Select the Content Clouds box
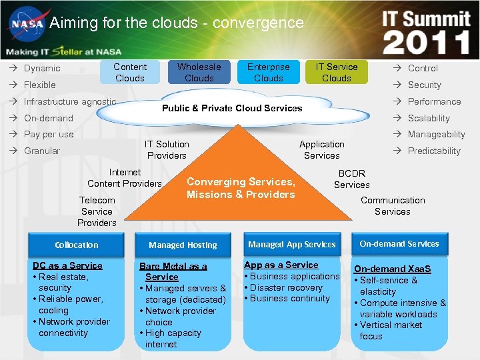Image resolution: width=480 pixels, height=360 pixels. point(130,72)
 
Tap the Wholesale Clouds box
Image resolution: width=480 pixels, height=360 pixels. point(199,72)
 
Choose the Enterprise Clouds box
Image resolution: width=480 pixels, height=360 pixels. point(268,72)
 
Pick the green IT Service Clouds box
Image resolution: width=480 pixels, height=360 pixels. point(337,72)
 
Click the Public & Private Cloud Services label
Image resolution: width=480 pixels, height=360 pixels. point(232,108)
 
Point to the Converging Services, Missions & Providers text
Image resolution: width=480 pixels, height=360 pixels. point(241,188)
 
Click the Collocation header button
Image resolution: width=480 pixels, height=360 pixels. point(77,245)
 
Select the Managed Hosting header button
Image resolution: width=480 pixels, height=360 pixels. point(183,245)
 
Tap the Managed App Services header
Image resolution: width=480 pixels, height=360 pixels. point(292,244)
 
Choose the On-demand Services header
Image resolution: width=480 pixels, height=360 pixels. point(399,243)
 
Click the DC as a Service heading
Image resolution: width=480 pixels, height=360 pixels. point(67,265)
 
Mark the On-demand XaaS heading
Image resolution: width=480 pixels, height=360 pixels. point(393,269)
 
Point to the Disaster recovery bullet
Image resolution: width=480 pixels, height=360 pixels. point(286,287)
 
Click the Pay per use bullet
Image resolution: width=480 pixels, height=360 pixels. point(49,134)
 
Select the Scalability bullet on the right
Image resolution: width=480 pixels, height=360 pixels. point(429,118)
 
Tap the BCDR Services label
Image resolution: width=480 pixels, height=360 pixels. point(351,179)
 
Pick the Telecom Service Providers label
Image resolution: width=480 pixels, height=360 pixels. point(97,211)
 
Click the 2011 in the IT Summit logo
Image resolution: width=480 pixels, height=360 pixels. point(426,41)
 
